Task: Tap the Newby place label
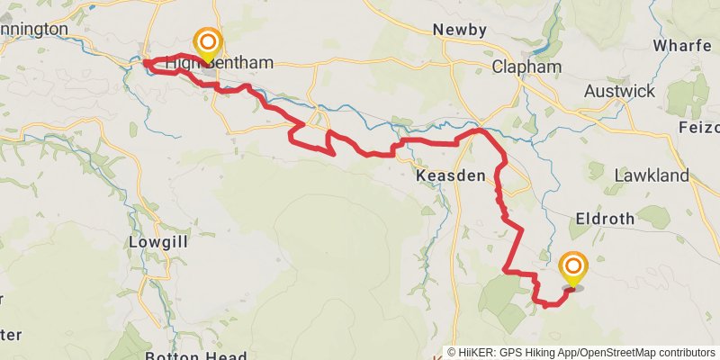(x=459, y=30)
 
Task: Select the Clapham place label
(x=527, y=67)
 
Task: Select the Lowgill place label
(x=157, y=243)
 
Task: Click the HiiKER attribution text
(x=485, y=353)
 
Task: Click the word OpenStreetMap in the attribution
(x=619, y=353)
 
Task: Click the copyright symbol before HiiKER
(x=453, y=353)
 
